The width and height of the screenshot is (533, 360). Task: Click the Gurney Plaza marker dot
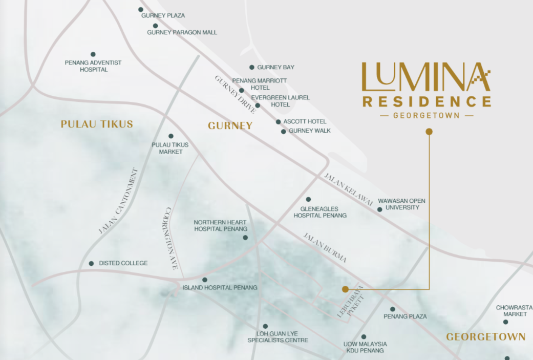tap(141, 9)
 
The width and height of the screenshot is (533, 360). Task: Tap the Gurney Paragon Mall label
tap(182, 32)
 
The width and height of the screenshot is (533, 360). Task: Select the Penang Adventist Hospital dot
tap(93, 54)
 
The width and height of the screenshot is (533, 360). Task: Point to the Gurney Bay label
tap(275, 67)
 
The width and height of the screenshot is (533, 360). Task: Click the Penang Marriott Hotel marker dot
tap(241, 91)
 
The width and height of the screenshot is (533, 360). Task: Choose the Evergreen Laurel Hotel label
tap(280, 101)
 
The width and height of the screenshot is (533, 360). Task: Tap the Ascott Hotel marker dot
tap(278, 122)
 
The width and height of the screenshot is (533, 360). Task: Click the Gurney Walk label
tap(309, 131)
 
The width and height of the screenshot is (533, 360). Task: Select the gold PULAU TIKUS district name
tap(97, 124)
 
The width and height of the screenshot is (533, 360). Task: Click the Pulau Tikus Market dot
tap(170, 136)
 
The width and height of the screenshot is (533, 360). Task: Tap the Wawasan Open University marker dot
tap(379, 209)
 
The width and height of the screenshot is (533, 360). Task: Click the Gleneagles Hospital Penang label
tap(319, 212)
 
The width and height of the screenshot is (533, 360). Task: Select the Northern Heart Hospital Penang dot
tap(245, 238)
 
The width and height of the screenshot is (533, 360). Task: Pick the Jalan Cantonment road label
tap(118, 201)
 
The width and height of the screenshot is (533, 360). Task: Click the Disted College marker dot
tap(91, 263)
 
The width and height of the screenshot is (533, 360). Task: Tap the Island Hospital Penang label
tap(220, 288)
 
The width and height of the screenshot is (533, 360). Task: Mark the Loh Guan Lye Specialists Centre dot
tap(265, 326)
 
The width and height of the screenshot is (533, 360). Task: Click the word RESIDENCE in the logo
tap(427, 101)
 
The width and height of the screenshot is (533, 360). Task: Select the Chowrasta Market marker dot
tap(505, 322)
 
